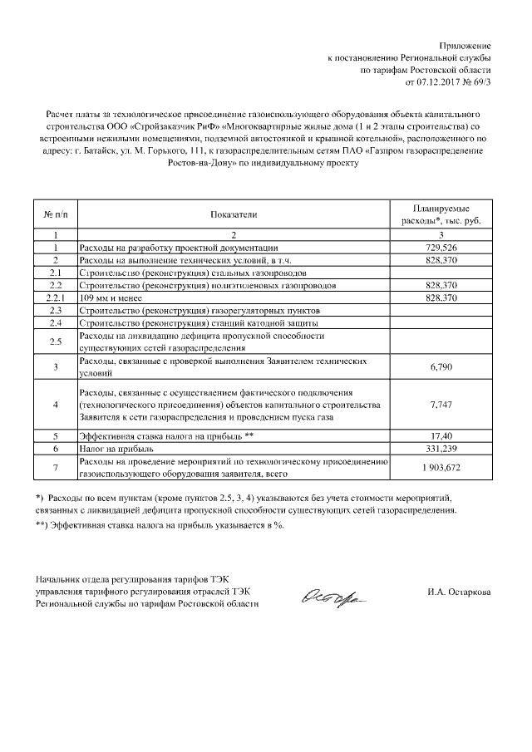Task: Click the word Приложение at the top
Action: coord(466,44)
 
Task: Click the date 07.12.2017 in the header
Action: coord(439,83)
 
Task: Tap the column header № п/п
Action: coord(54,214)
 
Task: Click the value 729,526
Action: coord(441,248)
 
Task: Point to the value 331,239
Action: coord(442,448)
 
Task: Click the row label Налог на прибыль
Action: coord(113,448)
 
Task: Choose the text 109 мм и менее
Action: coord(111,297)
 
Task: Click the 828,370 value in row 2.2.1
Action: coord(441,297)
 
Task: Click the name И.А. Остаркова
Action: coord(457,592)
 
